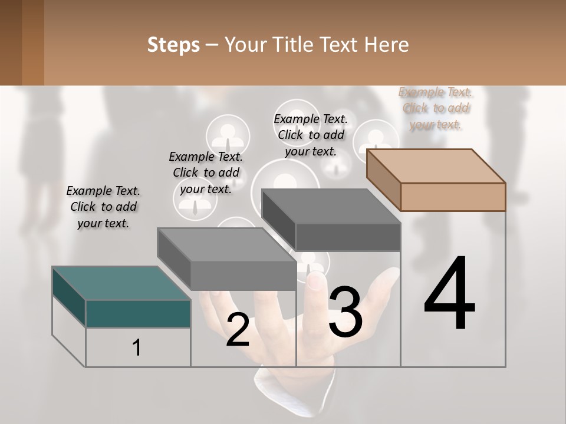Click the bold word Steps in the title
(x=173, y=45)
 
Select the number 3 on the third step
(x=345, y=312)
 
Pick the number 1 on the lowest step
(x=137, y=347)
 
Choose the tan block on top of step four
(x=452, y=196)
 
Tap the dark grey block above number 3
(x=348, y=236)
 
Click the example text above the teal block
(x=103, y=207)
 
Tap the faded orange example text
(x=435, y=108)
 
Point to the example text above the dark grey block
(x=311, y=135)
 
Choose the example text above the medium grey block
(x=206, y=173)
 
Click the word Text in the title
(x=340, y=45)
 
